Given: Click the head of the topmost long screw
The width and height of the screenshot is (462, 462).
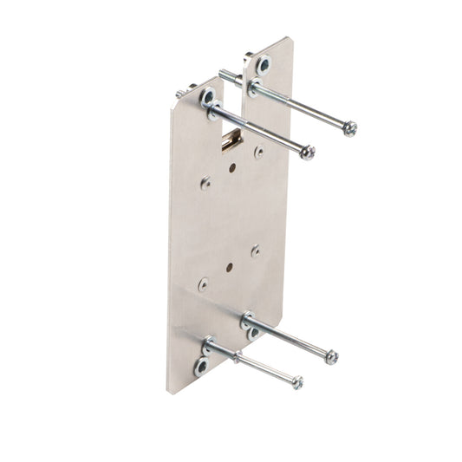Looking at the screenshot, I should [349, 130].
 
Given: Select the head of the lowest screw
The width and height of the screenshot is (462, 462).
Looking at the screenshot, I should [297, 382].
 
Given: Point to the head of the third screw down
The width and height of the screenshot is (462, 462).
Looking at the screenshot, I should [331, 356].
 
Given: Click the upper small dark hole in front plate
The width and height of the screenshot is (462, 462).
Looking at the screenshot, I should [231, 169].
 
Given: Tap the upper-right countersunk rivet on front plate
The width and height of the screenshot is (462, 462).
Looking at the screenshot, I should [259, 152].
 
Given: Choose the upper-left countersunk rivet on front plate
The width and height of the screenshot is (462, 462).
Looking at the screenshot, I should [205, 183].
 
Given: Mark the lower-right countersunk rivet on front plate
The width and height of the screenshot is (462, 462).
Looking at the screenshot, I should [256, 251].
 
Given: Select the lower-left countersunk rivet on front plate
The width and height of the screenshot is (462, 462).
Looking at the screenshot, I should [203, 283].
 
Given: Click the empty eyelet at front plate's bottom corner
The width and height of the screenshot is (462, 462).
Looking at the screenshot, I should [200, 367].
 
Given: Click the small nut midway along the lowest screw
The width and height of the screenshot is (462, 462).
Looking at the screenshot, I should [236, 358].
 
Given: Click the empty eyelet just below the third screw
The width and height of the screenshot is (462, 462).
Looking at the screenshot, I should [253, 333].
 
